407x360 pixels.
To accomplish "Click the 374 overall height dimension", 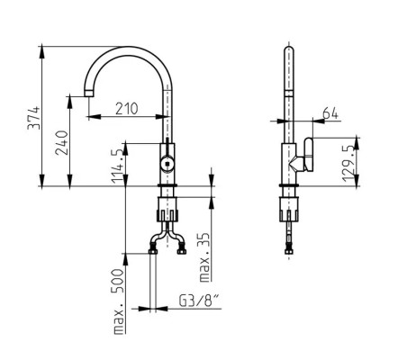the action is [33, 117].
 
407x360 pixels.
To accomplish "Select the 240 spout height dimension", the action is [62, 142].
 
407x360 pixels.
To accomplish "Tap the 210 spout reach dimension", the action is [127, 109].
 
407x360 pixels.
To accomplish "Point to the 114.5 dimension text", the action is [118, 166].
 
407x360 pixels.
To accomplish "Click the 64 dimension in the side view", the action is [330, 114].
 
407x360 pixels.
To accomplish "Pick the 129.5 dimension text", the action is [348, 164].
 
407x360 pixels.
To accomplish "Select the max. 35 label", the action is [204, 257].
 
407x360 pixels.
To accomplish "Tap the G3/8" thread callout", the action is [199, 301].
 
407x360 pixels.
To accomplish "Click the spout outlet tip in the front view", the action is [88, 93].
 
